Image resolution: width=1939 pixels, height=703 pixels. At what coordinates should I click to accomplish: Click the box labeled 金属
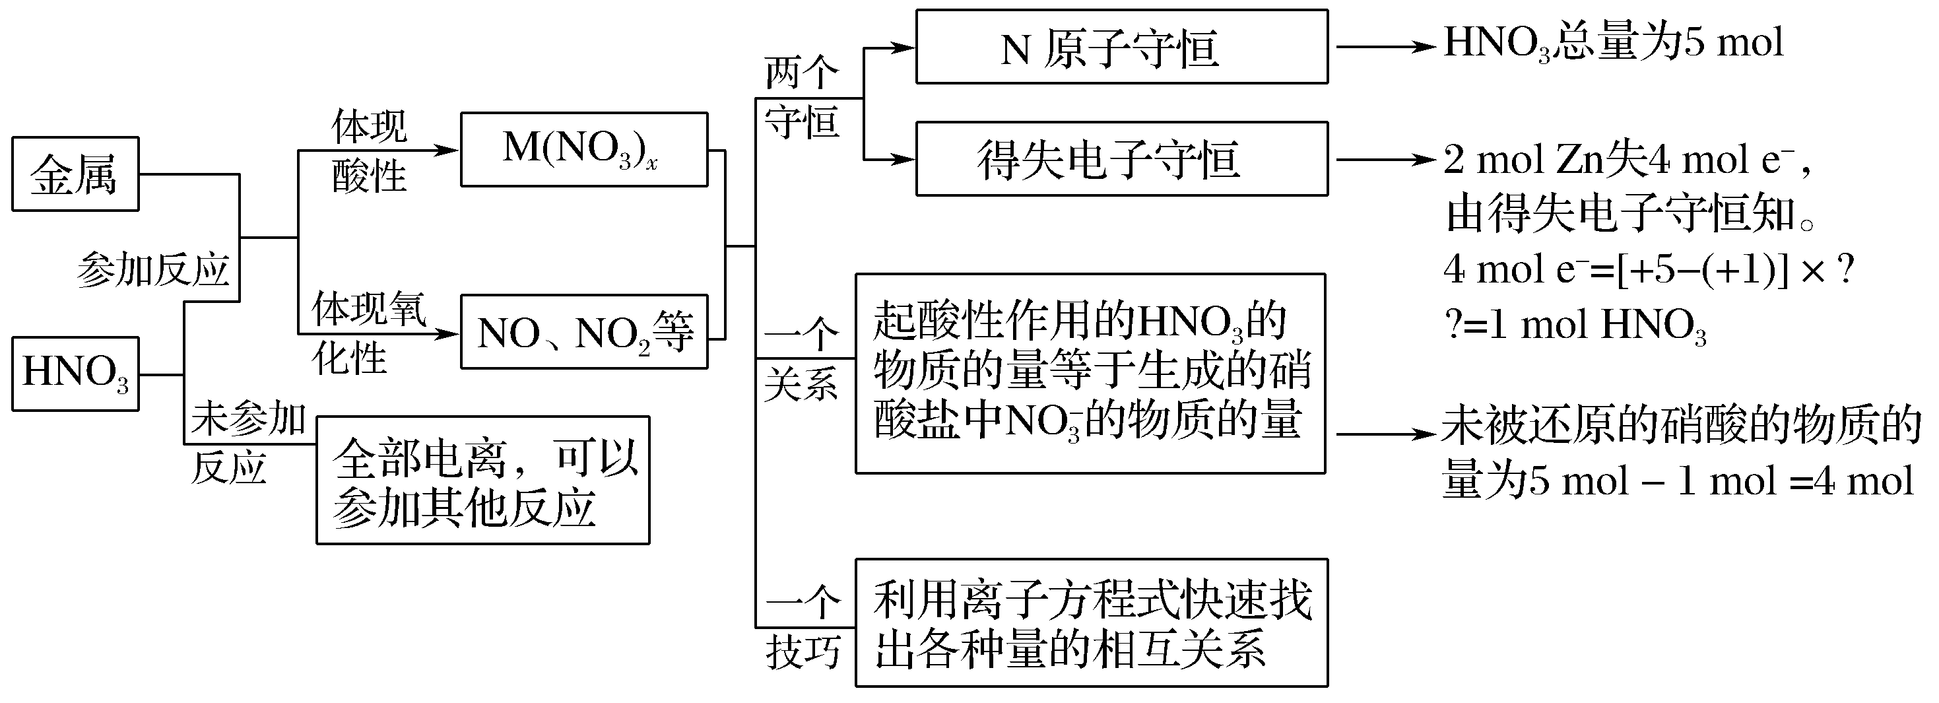click(75, 174)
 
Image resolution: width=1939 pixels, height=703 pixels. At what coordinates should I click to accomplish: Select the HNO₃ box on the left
click(75, 374)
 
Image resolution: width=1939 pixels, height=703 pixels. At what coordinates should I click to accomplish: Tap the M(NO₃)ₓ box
click(583, 149)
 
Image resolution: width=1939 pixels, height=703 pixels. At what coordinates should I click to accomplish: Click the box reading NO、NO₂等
click(583, 332)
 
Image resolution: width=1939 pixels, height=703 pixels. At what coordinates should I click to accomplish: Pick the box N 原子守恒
click(1121, 47)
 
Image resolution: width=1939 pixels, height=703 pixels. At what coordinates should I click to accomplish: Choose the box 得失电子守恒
click(1121, 159)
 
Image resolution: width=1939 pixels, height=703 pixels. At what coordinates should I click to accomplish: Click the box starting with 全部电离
click(482, 480)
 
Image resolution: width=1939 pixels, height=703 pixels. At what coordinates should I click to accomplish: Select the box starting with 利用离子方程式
click(1091, 622)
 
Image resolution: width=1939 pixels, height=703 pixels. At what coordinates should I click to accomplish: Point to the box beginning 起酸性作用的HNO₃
click(1089, 374)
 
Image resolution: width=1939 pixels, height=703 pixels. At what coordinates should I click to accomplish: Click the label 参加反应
click(153, 269)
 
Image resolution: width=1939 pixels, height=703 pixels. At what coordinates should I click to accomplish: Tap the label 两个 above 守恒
click(801, 73)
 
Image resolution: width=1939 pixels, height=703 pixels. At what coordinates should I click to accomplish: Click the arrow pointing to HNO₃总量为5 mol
click(1385, 47)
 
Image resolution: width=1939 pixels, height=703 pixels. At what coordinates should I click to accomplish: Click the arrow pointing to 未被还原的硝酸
click(1385, 434)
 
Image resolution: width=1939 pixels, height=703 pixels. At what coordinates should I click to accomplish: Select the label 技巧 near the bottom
click(803, 651)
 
